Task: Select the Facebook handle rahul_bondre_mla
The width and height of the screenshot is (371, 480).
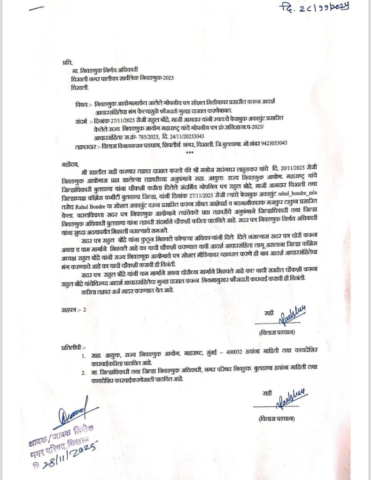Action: pyautogui.click(x=293, y=198)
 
